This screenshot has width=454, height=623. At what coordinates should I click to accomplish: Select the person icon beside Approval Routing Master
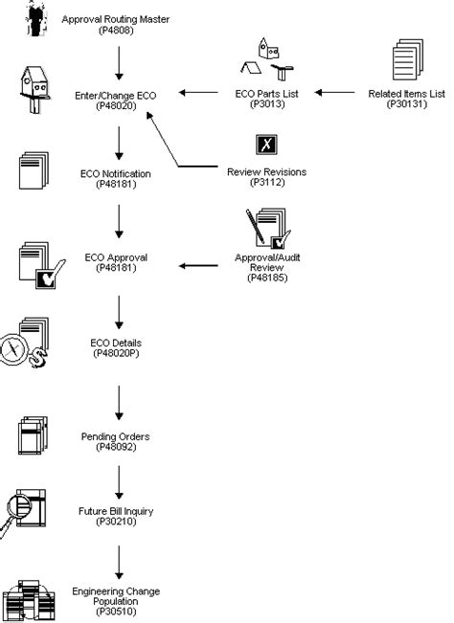tap(36, 20)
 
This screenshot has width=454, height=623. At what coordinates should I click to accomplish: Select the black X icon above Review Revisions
tap(265, 145)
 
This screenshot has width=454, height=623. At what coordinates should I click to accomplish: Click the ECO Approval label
tap(116, 262)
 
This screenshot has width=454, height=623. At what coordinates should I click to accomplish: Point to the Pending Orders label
tap(116, 441)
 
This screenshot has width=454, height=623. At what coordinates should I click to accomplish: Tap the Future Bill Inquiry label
tap(116, 516)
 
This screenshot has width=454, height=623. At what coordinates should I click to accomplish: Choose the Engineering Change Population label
tap(116, 597)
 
